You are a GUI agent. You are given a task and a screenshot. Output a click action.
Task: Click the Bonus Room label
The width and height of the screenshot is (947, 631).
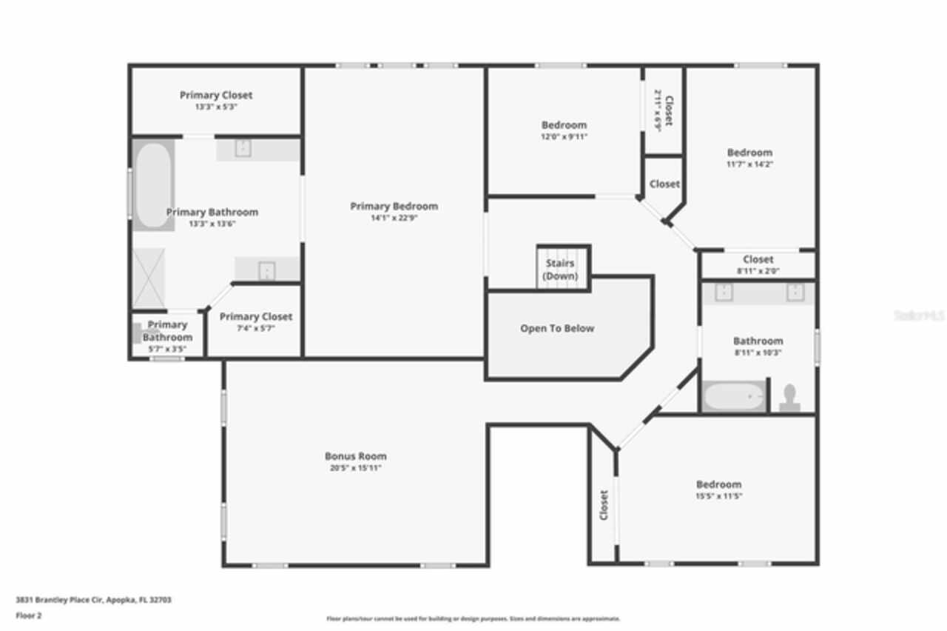[355, 456]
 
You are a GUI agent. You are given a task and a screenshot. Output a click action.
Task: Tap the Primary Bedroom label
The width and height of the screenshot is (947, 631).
[394, 206]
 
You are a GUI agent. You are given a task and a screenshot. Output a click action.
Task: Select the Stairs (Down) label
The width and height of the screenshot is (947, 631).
[560, 270]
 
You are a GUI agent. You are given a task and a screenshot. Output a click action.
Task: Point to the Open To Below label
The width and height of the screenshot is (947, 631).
[557, 328]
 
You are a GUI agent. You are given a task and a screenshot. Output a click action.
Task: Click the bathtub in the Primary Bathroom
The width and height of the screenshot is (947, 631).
[153, 185]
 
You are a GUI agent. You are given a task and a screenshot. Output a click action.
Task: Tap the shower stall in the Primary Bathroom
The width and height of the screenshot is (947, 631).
[149, 278]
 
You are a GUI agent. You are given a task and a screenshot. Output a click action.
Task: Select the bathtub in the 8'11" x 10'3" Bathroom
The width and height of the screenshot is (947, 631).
[733, 397]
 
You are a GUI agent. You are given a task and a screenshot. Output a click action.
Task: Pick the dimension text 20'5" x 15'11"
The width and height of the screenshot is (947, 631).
[355, 468]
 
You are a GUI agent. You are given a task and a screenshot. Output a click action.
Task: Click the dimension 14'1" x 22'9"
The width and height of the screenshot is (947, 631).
[394, 218]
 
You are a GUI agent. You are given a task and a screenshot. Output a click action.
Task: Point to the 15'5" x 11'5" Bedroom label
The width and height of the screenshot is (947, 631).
[718, 484]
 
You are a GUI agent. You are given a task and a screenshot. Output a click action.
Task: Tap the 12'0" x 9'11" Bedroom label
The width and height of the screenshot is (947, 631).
[564, 124]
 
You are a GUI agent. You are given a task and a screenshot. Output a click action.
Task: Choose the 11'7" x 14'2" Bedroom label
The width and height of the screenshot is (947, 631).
[749, 153]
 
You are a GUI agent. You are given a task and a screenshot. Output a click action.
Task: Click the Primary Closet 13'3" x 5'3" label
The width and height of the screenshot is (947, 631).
[216, 95]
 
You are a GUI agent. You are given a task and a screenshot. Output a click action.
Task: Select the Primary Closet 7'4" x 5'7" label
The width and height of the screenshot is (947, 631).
[256, 316]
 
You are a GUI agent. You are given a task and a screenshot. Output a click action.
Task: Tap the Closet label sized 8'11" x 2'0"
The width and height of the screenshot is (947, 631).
[758, 259]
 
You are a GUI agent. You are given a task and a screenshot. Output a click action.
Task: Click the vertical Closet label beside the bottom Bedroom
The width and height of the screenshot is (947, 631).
[604, 504]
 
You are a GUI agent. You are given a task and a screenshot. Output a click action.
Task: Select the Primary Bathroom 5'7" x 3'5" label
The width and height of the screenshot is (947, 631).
[168, 331]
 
